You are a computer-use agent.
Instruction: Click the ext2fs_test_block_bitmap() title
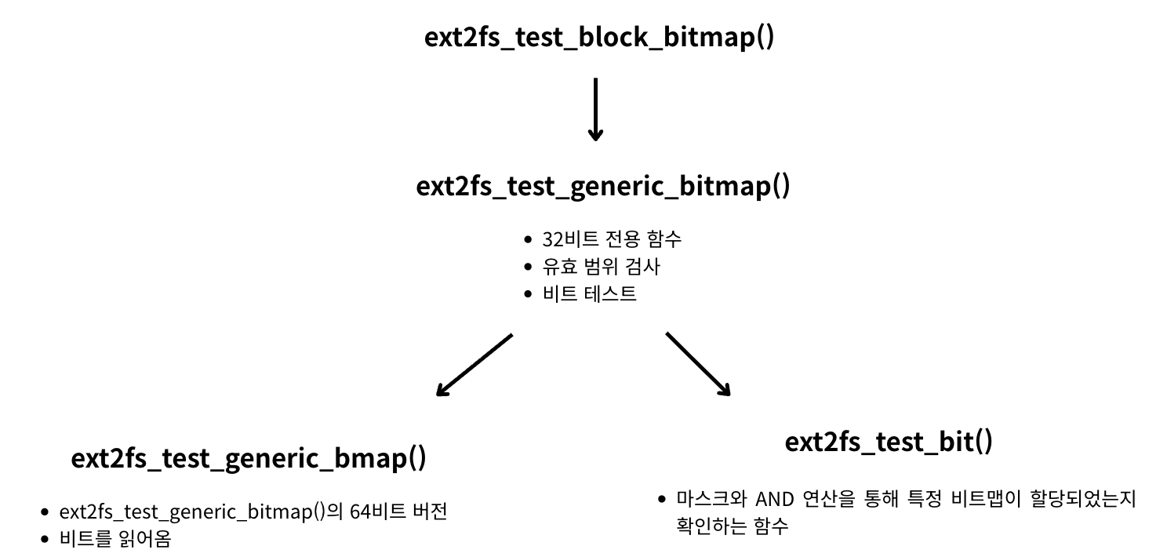(599, 37)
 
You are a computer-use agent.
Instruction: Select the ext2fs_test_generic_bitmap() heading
(602, 187)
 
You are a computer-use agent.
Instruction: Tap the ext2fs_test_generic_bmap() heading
(249, 457)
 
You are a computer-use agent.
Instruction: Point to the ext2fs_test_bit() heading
(888, 441)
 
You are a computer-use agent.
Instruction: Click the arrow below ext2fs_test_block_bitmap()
(595, 109)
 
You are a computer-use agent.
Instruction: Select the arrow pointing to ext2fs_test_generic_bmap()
(474, 365)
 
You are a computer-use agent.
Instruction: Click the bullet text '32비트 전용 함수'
(612, 239)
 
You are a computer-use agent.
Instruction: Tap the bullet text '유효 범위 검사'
(601, 267)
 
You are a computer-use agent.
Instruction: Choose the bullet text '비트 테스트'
(589, 294)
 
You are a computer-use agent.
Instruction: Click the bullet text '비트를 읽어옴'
(115, 539)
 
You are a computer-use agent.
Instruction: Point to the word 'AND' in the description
(774, 499)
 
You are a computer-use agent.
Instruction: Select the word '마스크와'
(710, 499)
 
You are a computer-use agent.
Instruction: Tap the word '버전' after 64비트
(429, 512)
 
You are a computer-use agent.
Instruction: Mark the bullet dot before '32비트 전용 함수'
(529, 239)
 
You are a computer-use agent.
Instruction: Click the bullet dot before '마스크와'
(661, 499)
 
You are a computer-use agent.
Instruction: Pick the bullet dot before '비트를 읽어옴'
(45, 539)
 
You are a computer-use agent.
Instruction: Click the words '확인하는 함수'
(732, 526)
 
